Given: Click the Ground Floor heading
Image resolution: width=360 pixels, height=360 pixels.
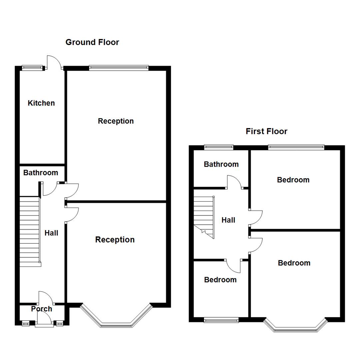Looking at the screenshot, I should pos(92,42).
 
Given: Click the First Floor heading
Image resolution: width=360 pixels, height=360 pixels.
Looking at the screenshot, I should pos(266,131).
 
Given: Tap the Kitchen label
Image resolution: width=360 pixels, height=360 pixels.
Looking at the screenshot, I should pos(41,103).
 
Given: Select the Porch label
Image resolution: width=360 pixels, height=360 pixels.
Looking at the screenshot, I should pos(42,309).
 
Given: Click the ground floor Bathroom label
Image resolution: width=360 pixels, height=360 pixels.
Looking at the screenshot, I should pos(41,173).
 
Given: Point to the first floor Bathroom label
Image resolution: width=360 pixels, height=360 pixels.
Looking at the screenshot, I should pos(221,164).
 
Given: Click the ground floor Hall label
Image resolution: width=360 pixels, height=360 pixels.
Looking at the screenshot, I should pos(51,233).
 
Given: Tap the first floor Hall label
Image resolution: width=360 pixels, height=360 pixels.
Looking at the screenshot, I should pos(228,220).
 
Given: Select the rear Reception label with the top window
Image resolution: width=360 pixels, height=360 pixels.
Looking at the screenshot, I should pos(116,121).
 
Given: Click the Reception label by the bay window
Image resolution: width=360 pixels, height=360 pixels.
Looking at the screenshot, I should pos(115,240).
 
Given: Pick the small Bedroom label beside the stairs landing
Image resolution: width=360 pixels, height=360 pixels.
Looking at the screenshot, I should pos(220,280).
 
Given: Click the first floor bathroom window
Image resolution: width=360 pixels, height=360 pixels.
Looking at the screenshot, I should pos(219,146).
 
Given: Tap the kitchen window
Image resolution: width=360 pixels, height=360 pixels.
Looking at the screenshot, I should pos(33,68).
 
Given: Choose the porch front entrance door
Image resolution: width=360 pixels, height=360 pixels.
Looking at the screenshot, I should pos(44,321).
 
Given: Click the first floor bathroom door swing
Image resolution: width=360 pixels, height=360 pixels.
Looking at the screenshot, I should pos(234,182).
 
